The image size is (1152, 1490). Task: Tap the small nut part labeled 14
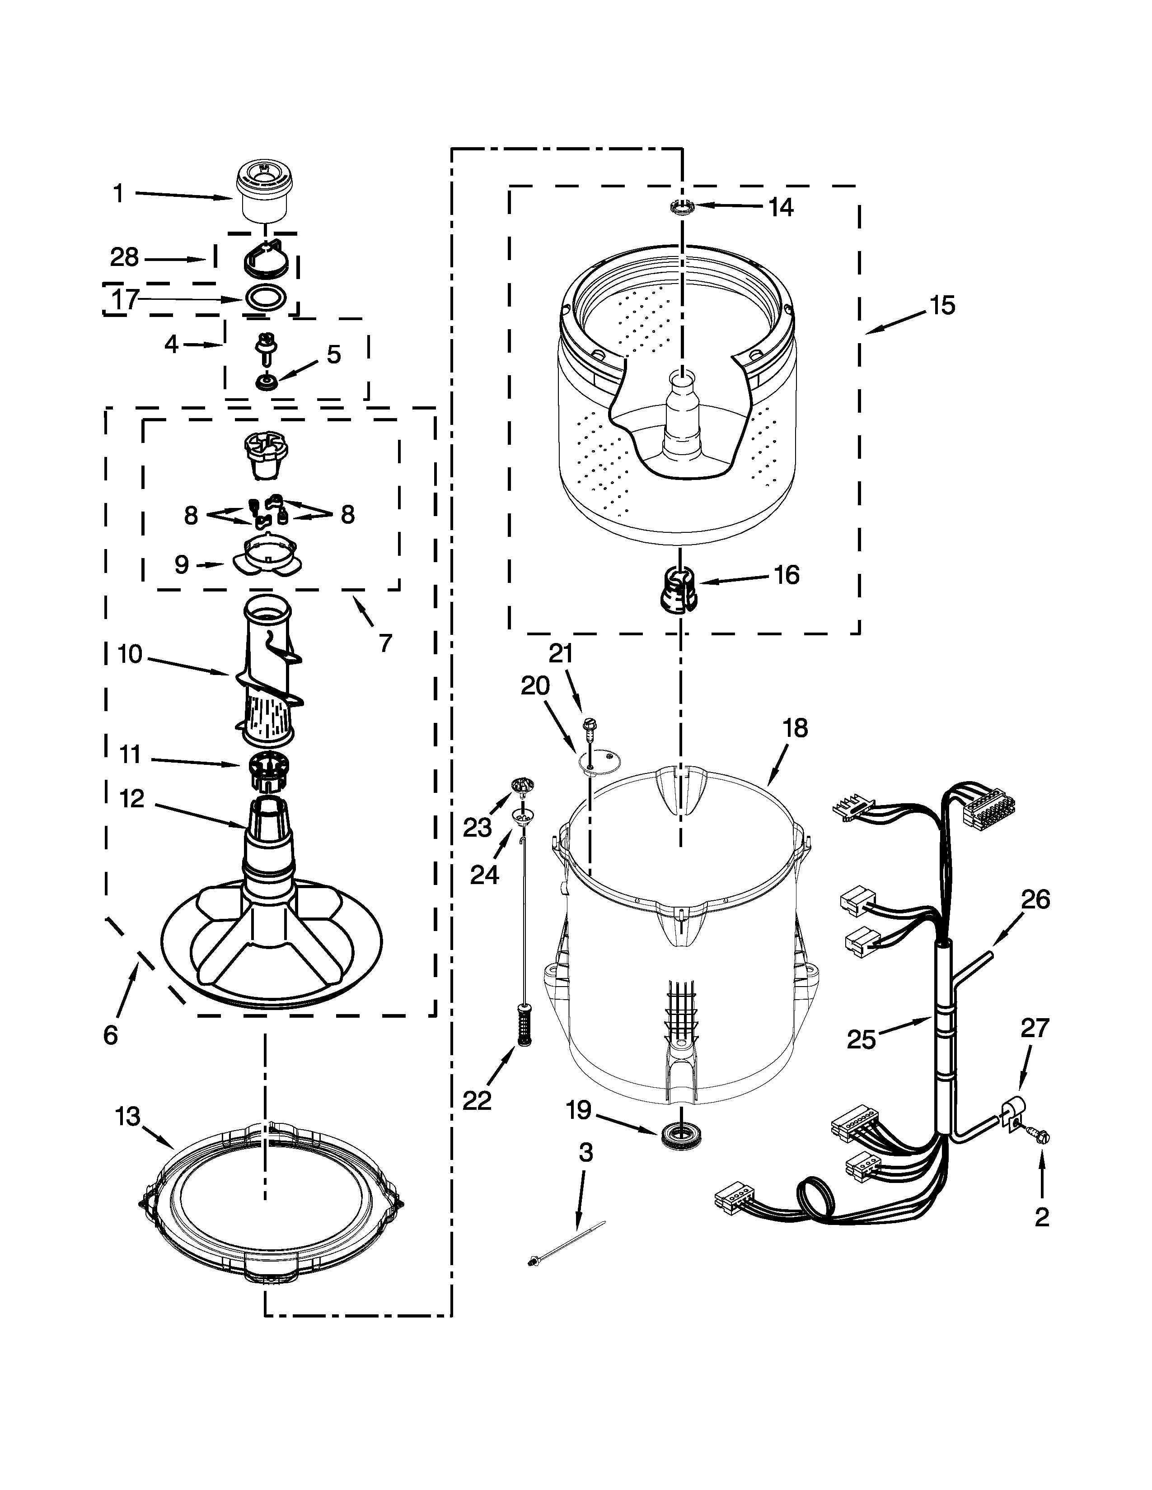click(x=682, y=205)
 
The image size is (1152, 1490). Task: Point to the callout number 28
click(x=124, y=258)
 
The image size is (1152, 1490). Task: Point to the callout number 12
click(x=132, y=798)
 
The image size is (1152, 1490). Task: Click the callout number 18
click(x=795, y=728)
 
